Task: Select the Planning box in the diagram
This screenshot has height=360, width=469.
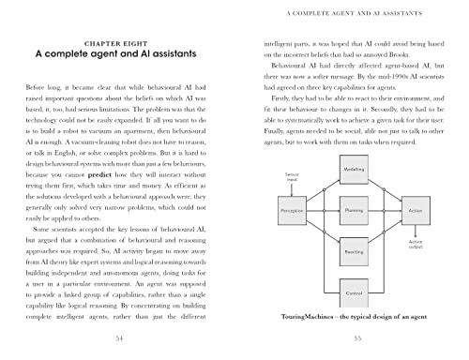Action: click(x=356, y=213)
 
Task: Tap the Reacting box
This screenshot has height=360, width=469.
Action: click(x=356, y=252)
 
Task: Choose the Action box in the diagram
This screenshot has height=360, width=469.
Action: click(x=416, y=213)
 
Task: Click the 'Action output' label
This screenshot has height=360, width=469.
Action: click(x=416, y=245)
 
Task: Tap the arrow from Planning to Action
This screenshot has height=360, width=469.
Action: click(x=388, y=213)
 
